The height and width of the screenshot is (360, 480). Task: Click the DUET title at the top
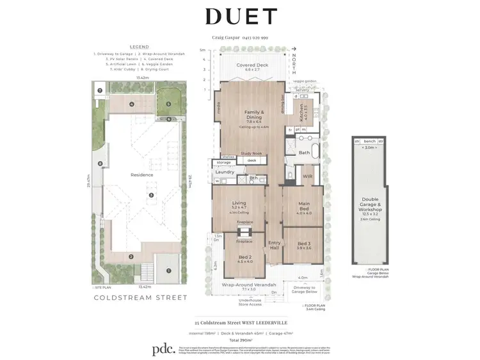click(x=241, y=16)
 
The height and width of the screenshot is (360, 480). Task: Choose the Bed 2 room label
click(x=245, y=259)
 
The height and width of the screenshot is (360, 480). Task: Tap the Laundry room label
click(x=224, y=172)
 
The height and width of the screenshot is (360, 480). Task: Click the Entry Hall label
click(x=275, y=244)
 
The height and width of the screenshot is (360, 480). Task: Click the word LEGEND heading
click(x=139, y=47)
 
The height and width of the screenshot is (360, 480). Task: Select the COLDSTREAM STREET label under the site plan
click(x=141, y=297)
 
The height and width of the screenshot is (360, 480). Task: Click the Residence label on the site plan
click(x=142, y=175)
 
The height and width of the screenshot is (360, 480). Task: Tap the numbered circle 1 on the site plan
click(x=169, y=270)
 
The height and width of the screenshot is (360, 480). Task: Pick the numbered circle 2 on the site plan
click(x=131, y=257)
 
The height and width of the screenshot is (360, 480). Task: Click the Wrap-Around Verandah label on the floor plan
click(x=249, y=285)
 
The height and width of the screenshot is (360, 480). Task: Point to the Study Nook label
click(x=252, y=153)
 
